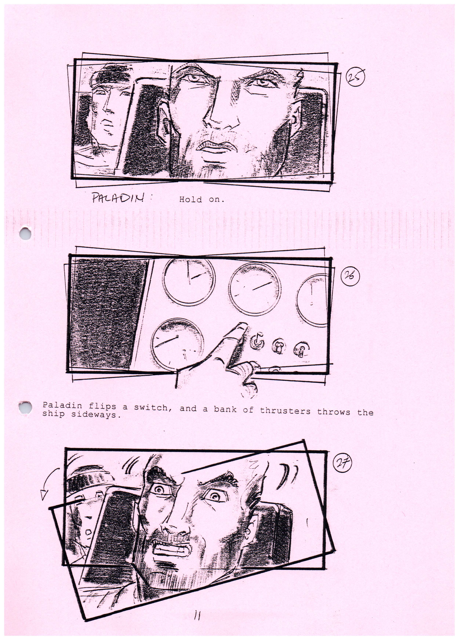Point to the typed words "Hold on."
pos(202,200)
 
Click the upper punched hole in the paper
pos(25,234)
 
